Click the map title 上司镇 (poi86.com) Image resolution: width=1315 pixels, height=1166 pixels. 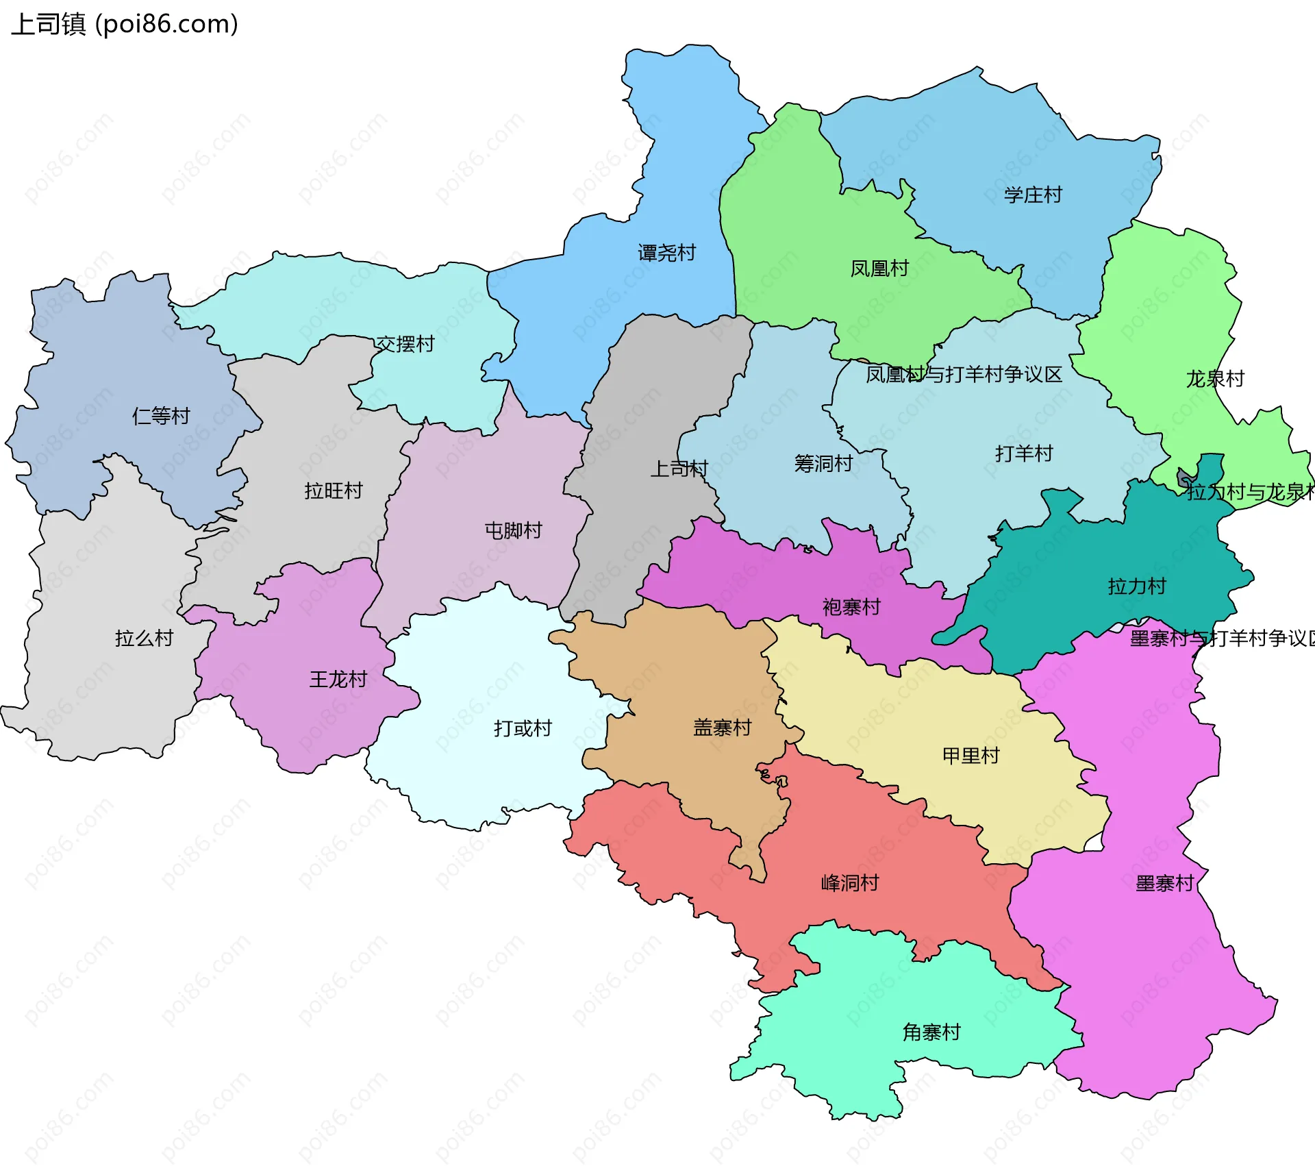tap(125, 24)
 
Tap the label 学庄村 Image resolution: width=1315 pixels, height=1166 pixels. tap(1033, 195)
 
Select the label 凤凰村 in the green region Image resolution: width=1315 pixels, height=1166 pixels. tap(879, 269)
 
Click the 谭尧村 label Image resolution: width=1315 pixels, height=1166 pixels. tap(666, 253)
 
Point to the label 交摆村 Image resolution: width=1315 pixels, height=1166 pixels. tap(405, 344)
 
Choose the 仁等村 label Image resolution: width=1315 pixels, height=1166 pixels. tap(161, 416)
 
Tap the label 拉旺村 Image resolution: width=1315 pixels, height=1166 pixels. tap(334, 491)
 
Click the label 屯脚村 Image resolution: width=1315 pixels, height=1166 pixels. tap(513, 530)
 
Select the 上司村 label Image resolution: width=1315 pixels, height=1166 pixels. tap(679, 469)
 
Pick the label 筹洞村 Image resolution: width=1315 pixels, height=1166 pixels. tap(823, 464)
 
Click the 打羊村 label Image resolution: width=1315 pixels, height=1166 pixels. tap(1024, 454)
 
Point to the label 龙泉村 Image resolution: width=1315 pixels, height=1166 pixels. tap(1215, 379)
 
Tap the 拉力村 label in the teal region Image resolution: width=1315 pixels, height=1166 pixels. tap(1137, 586)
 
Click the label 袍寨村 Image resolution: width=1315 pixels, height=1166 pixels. tap(851, 607)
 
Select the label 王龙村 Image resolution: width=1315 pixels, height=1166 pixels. tap(338, 680)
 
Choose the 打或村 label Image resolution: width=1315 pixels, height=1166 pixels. tap(523, 728)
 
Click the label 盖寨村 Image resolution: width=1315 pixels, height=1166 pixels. tap(723, 728)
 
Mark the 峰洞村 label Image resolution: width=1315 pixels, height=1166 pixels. tap(850, 883)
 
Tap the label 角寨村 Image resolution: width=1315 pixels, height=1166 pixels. tap(931, 1032)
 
